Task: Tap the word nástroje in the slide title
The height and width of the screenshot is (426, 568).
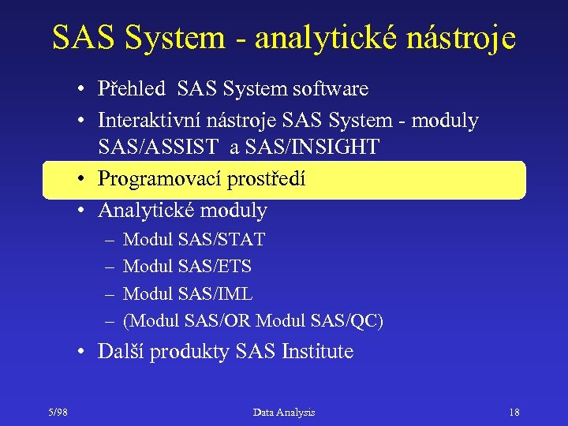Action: tap(467, 38)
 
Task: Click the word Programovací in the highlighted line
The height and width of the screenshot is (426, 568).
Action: tap(159, 180)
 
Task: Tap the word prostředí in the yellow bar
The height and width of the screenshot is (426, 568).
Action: tap(267, 180)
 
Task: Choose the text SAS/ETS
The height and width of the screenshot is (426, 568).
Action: tap(215, 267)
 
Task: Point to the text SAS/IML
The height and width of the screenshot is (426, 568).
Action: tap(215, 294)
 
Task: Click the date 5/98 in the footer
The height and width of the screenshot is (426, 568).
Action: tap(58, 412)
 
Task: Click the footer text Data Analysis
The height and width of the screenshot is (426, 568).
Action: tap(284, 412)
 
